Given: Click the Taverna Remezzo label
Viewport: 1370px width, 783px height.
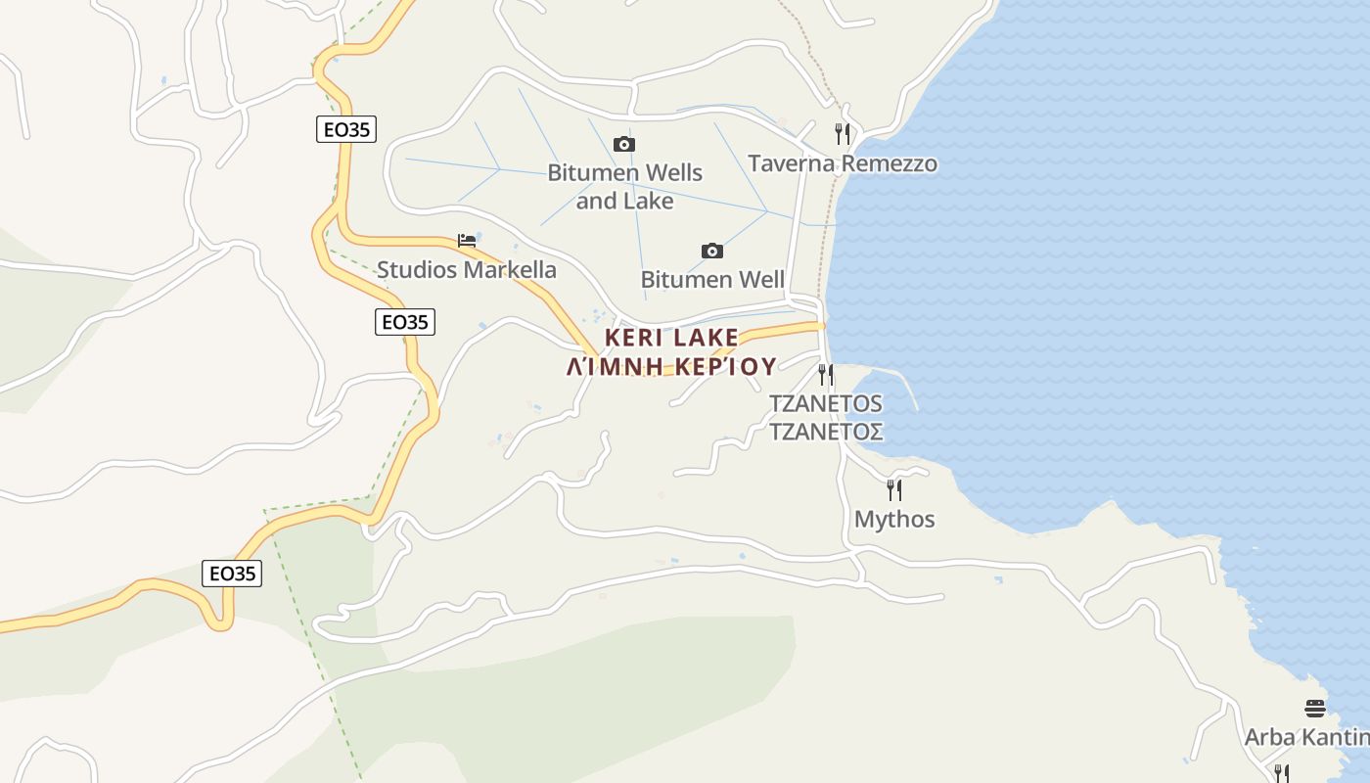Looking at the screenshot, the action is [842, 163].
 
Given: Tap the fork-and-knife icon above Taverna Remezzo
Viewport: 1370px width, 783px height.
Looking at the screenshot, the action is [843, 133].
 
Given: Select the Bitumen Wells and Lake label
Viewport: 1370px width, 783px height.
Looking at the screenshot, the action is [624, 186].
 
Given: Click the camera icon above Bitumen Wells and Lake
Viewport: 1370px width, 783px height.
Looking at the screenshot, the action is [623, 145].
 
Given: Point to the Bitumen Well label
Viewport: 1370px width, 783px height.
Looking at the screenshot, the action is [712, 280].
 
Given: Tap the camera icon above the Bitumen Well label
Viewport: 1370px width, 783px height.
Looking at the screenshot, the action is [712, 252].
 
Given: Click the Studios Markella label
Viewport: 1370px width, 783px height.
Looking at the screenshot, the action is [466, 270].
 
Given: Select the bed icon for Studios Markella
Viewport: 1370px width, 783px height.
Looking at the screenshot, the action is [467, 241].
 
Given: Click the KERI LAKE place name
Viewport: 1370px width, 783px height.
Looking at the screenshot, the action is [671, 338].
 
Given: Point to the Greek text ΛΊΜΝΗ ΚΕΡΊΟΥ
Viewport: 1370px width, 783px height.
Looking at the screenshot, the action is [671, 367].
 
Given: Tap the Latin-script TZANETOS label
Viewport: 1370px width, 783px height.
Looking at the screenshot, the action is [826, 403].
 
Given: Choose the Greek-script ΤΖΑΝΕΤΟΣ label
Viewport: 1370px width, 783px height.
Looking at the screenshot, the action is [826, 432].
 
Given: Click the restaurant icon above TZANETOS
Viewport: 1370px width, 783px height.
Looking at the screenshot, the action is [826, 374].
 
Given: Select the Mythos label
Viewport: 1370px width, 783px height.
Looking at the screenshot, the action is [894, 519].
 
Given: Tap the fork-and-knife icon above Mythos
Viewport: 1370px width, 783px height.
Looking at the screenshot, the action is [893, 489].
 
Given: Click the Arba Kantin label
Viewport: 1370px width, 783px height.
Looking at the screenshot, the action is [1307, 737].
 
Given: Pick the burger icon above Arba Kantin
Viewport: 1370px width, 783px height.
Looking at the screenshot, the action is [1315, 708].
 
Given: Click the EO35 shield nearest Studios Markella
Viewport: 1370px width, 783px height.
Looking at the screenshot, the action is [405, 322].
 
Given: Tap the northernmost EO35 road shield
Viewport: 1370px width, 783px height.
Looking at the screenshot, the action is [346, 129].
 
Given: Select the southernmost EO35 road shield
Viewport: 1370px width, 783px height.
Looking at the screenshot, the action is [233, 574].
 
